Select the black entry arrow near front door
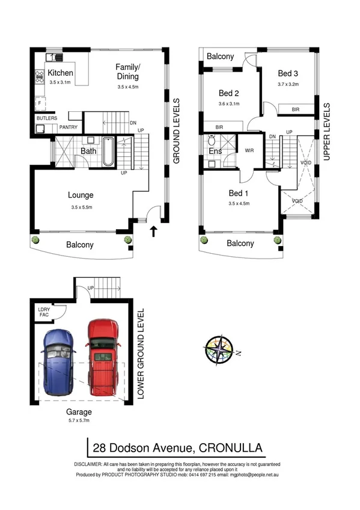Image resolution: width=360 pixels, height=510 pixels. click(x=154, y=231)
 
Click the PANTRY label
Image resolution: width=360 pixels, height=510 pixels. click(x=70, y=126)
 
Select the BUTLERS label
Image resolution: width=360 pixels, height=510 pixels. click(x=47, y=118)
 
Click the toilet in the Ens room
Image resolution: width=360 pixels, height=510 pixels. click(x=212, y=141)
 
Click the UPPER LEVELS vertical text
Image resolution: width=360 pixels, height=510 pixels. click(x=327, y=131)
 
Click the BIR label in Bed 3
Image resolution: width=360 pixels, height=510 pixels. click(x=296, y=109)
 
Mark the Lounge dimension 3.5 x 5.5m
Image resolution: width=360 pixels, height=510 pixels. click(x=81, y=207)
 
